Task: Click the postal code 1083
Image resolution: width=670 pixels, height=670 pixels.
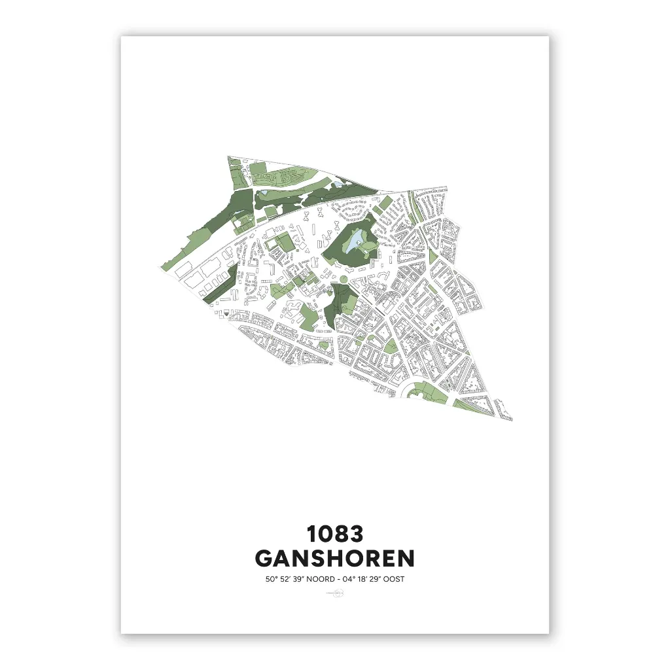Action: coord(335,534)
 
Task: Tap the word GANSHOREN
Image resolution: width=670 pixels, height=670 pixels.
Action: coord(335,559)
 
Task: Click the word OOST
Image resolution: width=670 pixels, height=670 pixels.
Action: coord(393,579)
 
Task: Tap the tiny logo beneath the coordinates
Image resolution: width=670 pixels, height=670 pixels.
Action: coord(335,594)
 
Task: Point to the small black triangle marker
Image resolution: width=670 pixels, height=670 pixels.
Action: coord(226,314)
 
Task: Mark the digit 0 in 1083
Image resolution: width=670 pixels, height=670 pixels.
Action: coord(325,534)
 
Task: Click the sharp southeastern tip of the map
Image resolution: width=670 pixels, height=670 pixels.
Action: coord(511,419)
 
